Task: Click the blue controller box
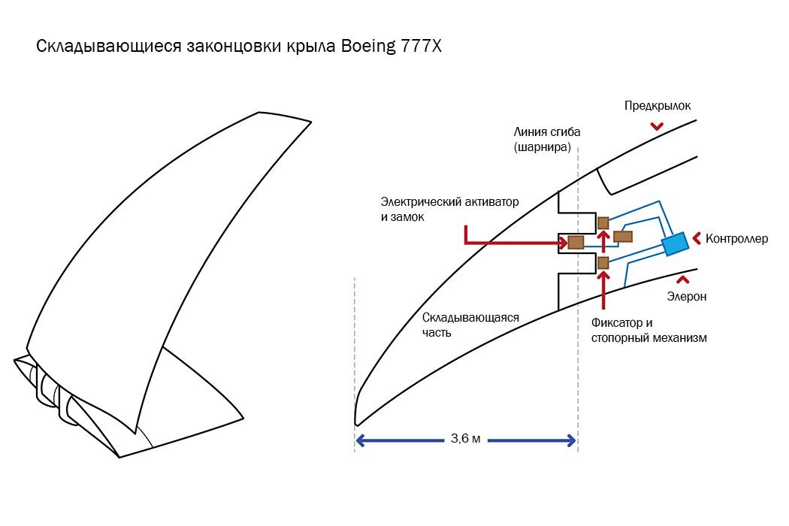coord(675,243)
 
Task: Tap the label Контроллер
coord(737,239)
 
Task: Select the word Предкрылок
coord(657,106)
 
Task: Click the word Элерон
coord(687,296)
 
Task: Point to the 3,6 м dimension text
coord(466,439)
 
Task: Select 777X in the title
coord(422,47)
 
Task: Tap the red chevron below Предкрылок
coord(657,126)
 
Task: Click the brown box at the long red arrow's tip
coord(576,242)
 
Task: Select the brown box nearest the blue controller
coord(622,237)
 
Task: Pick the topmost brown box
coord(603,222)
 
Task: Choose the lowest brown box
coord(603,262)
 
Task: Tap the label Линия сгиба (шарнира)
coord(547,139)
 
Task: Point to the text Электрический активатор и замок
coord(449,209)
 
